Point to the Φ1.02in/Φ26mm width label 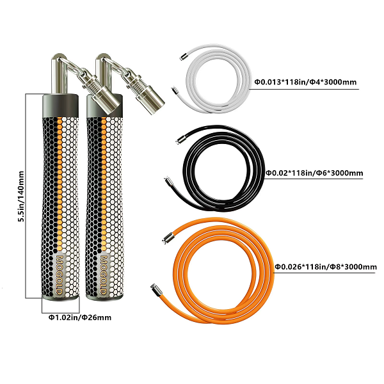pos(77,316)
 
